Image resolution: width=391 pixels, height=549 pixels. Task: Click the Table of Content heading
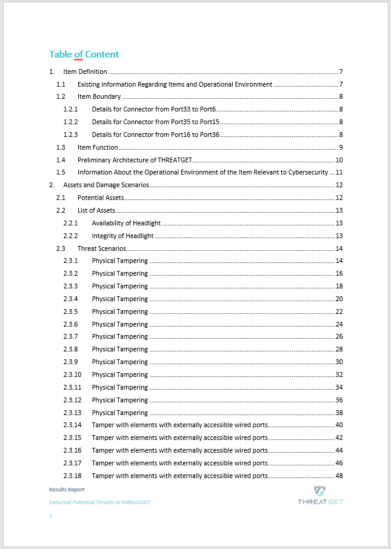tap(84, 55)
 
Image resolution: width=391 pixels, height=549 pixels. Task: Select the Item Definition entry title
tap(85, 72)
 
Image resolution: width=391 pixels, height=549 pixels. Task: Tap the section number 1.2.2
tap(70, 122)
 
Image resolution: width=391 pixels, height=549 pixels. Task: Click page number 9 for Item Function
tap(341, 147)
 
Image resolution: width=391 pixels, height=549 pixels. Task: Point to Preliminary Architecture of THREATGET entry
tap(135, 160)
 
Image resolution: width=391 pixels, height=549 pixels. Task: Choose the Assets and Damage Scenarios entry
tap(106, 185)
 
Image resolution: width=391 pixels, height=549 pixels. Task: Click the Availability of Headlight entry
tap(126, 223)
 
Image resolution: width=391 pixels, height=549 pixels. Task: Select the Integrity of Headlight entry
tap(122, 236)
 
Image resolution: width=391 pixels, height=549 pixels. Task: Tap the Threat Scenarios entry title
tap(101, 248)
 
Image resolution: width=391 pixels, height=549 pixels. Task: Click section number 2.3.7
tap(70, 336)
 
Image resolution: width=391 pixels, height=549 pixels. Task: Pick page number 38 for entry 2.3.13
tap(339, 413)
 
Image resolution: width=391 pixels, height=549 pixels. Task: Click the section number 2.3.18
tap(72, 476)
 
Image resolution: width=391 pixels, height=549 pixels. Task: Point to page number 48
tap(339, 476)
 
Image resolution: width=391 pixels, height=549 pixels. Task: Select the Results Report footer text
tap(67, 489)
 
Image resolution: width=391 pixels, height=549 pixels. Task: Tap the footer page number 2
tap(50, 516)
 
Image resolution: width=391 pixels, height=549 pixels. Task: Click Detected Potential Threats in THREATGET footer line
tap(99, 502)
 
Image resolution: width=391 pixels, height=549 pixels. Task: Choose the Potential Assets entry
tap(101, 198)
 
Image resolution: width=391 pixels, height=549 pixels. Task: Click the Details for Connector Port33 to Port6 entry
tap(154, 109)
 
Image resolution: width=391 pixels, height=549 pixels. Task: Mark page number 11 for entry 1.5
tap(340, 173)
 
